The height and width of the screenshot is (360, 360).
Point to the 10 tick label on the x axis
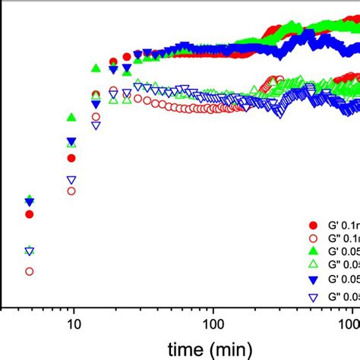(x=73, y=325)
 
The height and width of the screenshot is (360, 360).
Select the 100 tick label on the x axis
(x=213, y=325)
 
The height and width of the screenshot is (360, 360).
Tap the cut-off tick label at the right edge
(x=354, y=325)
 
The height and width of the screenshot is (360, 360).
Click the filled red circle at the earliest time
(x=30, y=214)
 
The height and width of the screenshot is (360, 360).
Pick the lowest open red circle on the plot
(x=30, y=271)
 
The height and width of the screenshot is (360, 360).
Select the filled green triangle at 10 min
(x=71, y=118)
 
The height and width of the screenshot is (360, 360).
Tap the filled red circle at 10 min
(x=71, y=159)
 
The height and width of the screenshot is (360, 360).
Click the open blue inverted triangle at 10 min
(x=71, y=180)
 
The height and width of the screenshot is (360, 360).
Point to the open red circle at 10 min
(x=71, y=191)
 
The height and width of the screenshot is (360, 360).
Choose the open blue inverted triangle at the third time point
(x=96, y=126)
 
